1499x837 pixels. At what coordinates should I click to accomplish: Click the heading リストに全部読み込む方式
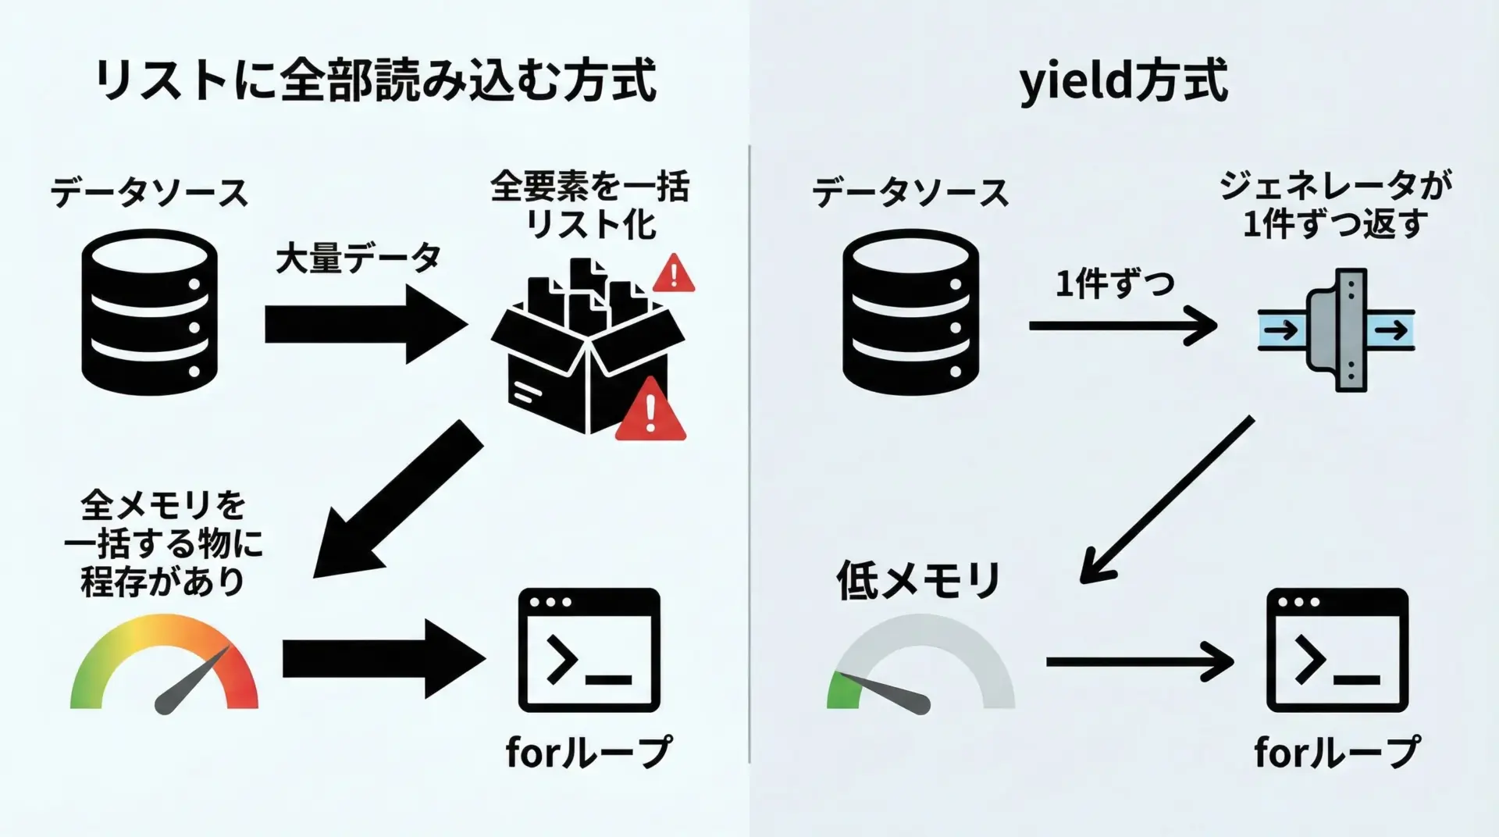tap(375, 80)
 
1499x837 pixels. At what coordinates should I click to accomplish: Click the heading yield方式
tap(1123, 80)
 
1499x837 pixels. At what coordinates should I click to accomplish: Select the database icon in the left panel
tap(149, 312)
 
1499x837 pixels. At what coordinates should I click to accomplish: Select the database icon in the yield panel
tap(910, 312)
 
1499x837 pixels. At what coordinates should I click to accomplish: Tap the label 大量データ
tap(358, 258)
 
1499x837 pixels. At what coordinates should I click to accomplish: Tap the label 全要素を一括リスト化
tap(590, 205)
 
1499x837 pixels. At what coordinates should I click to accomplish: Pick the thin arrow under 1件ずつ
tap(1122, 326)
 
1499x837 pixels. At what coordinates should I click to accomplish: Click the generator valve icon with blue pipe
tap(1337, 330)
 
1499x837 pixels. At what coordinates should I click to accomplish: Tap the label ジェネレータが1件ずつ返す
tap(1335, 205)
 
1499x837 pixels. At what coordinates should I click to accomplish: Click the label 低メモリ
tap(918, 580)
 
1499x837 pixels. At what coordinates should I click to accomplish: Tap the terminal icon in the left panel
tap(589, 650)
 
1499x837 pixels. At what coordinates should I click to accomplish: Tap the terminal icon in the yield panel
tap(1337, 650)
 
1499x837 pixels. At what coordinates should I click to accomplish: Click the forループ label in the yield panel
tap(1337, 753)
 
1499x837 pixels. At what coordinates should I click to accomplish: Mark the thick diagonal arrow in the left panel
tap(397, 500)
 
